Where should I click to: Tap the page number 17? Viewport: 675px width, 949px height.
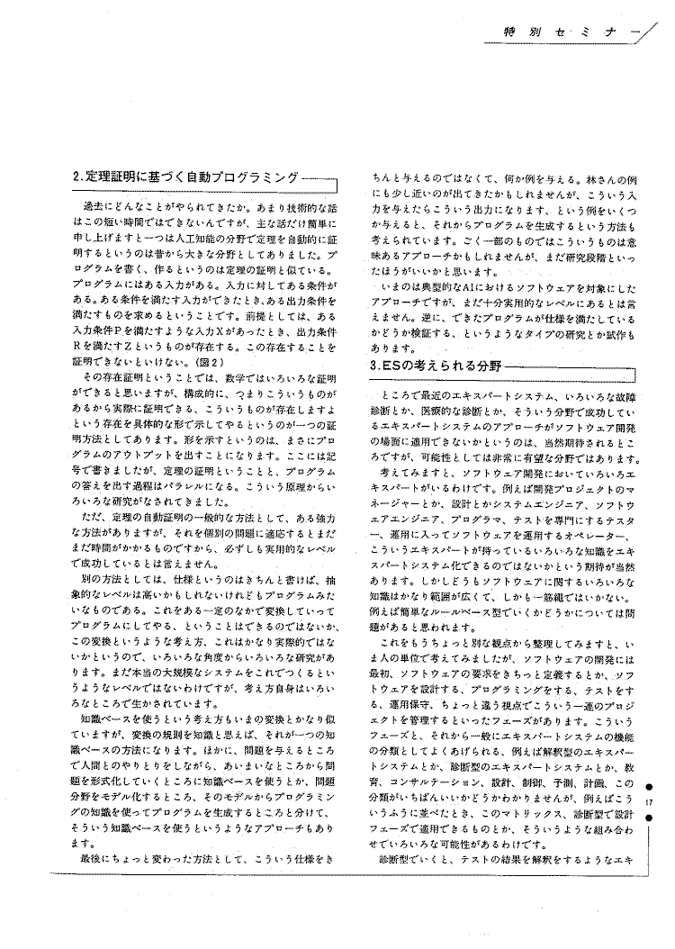coord(660,802)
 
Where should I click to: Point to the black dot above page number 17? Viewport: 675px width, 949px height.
coord(660,786)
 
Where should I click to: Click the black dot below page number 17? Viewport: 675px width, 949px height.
coord(660,818)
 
